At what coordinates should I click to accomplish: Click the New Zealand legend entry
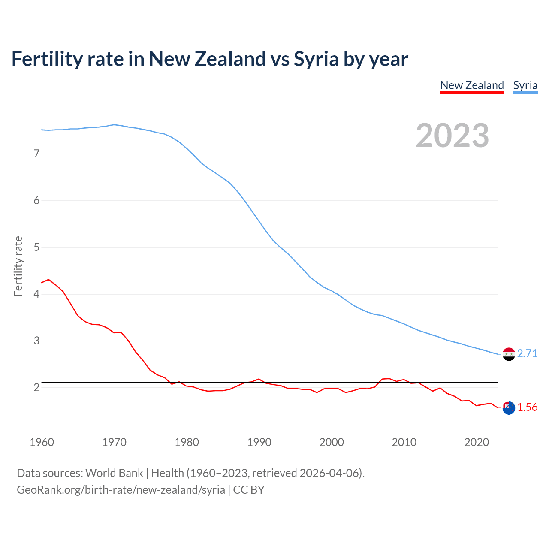pos(472,85)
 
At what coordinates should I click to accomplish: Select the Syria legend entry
pos(525,85)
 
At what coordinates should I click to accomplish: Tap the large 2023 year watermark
pos(452,136)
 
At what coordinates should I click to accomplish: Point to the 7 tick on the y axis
pos(36,154)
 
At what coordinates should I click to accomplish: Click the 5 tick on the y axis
pos(36,247)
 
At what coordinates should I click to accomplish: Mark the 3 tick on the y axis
pos(36,341)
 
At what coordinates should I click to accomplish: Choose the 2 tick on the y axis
pos(36,387)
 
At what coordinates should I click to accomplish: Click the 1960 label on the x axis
pos(42,442)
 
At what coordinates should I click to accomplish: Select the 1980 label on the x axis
pos(187,442)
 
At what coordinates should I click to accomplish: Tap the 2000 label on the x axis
pos(332,442)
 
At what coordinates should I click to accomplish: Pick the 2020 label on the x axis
pos(477,442)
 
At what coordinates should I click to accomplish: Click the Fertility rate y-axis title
pos(18,266)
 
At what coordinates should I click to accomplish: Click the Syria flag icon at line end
pos(508,354)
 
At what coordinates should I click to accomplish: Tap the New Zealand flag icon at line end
pos(508,408)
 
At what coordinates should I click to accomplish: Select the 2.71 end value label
pos(527,353)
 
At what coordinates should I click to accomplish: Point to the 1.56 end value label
pos(527,407)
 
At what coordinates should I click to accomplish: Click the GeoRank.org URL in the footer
pos(121,490)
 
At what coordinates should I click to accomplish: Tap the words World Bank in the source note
pos(114,473)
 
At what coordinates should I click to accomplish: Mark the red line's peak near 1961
pos(48,279)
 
